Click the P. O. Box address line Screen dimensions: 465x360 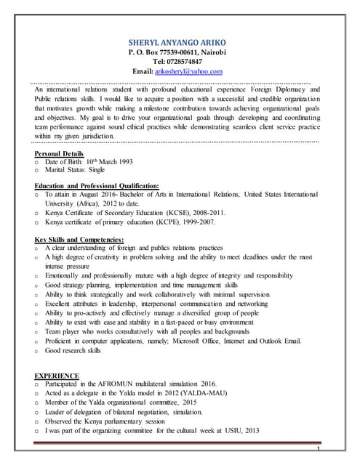pos(178,53)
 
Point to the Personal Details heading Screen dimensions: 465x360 pos(59,154)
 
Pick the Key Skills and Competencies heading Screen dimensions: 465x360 pos(79,240)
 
